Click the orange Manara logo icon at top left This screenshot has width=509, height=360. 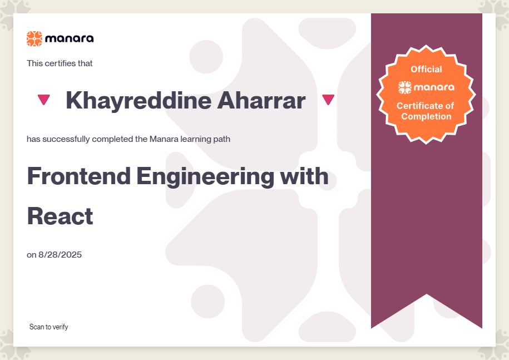pyautogui.click(x=34, y=38)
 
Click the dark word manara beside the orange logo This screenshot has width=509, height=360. pyautogui.click(x=70, y=38)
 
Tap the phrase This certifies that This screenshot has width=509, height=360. pyautogui.click(x=60, y=63)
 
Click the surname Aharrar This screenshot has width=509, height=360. pyautogui.click(x=261, y=100)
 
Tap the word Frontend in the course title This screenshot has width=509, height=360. pyautogui.click(x=79, y=176)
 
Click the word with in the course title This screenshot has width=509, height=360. pyautogui.click(x=304, y=176)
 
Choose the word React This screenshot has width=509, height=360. pyautogui.click(x=61, y=216)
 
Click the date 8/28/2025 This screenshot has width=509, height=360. pyautogui.click(x=60, y=254)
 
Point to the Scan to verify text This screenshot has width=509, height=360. pyautogui.click(x=49, y=327)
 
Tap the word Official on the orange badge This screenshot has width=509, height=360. pyautogui.click(x=426, y=69)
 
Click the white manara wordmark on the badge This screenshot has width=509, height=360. pyautogui.click(x=434, y=87)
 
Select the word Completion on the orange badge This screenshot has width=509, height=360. pyautogui.click(x=426, y=116)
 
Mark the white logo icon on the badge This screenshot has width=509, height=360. pyautogui.click(x=405, y=87)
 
